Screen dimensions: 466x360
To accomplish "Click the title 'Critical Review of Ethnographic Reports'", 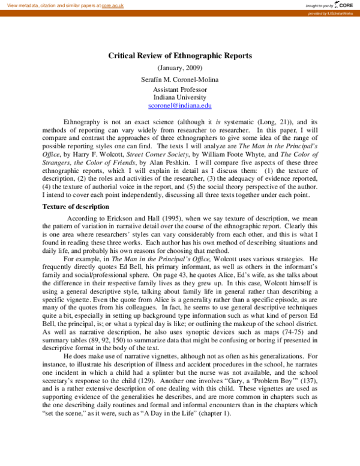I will [180, 55].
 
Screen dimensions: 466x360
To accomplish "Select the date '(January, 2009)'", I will [180, 68].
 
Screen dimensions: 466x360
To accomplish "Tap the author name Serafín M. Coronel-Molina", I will [180, 79].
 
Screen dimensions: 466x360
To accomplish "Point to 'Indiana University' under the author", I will [180, 97].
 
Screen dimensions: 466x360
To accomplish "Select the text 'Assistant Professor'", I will [180, 89].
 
